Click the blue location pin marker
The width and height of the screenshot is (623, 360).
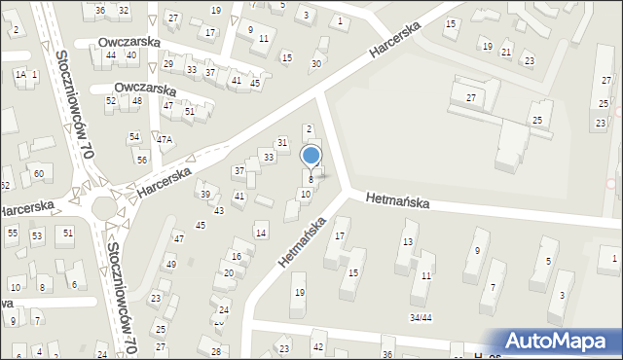(311, 156)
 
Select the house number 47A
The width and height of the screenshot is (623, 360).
(165, 140)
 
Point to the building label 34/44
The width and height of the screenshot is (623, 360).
(421, 317)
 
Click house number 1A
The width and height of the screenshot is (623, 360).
(19, 74)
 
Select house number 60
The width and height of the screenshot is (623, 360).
(38, 173)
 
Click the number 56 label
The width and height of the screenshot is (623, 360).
(141, 160)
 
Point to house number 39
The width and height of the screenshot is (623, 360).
(205, 195)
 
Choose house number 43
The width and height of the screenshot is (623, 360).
(219, 210)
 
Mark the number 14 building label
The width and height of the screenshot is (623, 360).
(260, 233)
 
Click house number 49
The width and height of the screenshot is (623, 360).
(170, 265)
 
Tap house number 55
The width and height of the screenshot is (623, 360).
(13, 234)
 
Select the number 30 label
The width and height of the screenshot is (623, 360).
(315, 64)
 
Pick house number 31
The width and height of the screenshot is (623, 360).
(282, 143)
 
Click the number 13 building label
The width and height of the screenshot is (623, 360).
(409, 241)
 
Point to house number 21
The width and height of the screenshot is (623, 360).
(506, 52)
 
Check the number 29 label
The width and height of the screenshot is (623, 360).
(168, 64)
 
